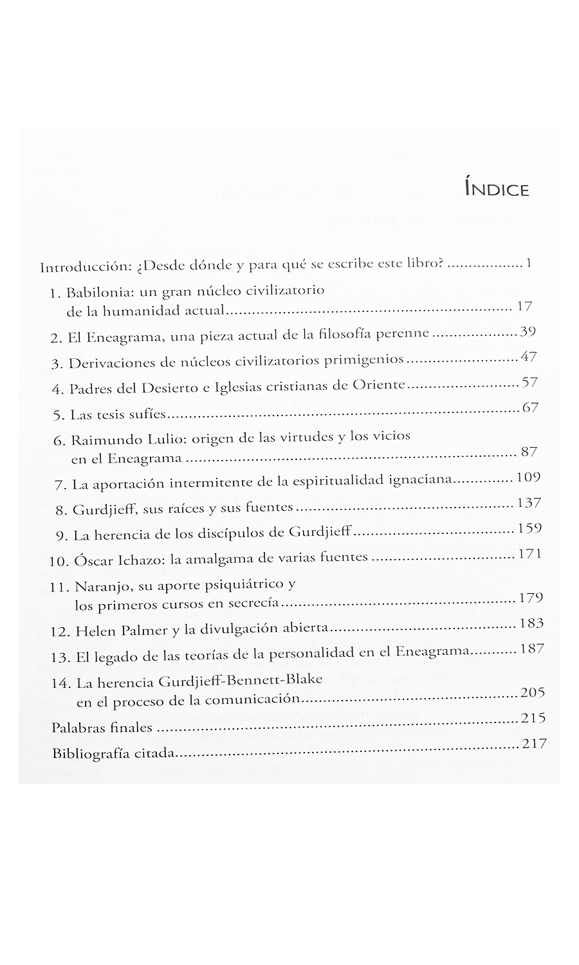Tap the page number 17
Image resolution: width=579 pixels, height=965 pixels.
(x=524, y=307)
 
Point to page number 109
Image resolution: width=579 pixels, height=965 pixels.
(x=528, y=477)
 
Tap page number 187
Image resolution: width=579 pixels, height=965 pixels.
(x=532, y=648)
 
